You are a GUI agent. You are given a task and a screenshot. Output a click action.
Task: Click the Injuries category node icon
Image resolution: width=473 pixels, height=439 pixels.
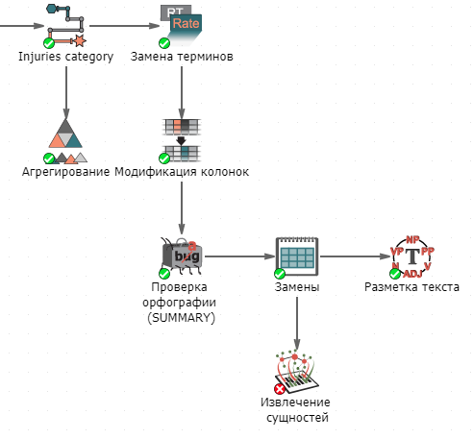point(66,26)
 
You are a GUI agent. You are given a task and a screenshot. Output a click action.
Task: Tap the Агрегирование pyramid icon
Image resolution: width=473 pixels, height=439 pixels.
point(66,141)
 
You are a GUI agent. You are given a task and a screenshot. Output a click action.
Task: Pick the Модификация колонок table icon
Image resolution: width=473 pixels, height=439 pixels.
point(182,140)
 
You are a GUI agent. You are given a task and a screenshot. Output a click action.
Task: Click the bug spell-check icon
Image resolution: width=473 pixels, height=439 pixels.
point(182,256)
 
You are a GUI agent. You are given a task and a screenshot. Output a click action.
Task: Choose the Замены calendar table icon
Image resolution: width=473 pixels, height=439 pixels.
point(297,256)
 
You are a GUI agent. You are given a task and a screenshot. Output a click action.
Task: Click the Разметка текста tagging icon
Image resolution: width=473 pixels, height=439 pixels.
point(412,256)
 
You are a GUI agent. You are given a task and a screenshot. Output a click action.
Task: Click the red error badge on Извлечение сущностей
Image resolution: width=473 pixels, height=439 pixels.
point(280,389)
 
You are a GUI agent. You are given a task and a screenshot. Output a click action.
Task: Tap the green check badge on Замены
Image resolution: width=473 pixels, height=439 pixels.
point(280,274)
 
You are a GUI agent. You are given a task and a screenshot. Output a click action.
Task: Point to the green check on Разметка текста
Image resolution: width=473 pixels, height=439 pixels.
point(395,274)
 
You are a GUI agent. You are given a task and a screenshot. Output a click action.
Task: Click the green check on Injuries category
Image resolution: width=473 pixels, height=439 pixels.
point(49,42)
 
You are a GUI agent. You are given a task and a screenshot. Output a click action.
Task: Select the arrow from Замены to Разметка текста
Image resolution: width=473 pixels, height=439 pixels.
point(355,256)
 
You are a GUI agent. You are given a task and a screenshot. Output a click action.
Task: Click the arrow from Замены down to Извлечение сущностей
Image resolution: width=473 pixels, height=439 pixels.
point(297,324)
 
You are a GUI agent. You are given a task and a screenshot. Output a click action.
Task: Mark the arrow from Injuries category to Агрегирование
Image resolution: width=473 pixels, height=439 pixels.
point(66,92)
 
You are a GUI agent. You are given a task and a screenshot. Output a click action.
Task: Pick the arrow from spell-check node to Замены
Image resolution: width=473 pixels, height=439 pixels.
point(240,256)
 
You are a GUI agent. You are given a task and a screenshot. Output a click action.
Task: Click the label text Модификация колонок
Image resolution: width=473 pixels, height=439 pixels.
point(182,172)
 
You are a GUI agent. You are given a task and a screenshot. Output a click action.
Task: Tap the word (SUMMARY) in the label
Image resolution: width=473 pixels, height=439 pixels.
point(182,318)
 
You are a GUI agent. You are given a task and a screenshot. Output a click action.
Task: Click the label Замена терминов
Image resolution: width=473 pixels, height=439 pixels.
point(182,57)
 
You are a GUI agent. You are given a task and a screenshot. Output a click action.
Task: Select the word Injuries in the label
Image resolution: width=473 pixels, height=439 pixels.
point(39,57)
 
